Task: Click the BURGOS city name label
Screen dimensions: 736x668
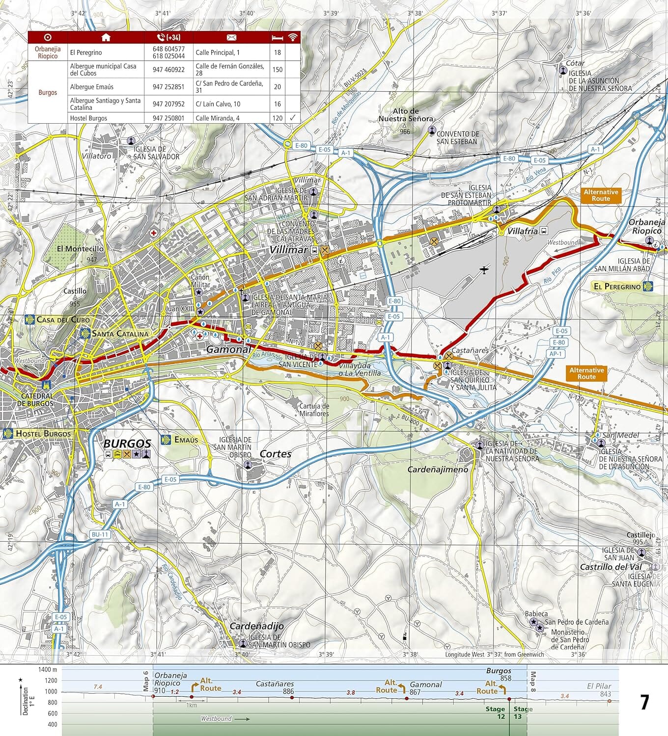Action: tap(127, 443)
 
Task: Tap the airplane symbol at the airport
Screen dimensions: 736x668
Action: tap(485, 269)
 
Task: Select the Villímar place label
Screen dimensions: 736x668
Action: tap(288, 250)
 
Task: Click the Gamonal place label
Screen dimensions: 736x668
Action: tap(228, 349)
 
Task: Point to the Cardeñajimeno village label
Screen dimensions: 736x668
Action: tap(438, 469)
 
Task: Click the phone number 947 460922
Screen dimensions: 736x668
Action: tap(168, 70)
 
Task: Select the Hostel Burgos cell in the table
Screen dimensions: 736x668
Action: tap(88, 118)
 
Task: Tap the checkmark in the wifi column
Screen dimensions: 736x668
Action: tap(293, 118)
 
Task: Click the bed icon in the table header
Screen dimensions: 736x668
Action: tap(278, 38)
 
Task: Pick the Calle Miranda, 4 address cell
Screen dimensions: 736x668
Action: tap(218, 118)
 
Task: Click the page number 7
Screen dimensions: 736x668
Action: tap(644, 703)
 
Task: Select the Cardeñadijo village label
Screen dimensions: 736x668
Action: tap(256, 626)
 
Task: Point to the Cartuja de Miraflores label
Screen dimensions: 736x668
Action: tap(314, 410)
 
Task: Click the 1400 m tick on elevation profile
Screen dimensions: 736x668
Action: tap(48, 669)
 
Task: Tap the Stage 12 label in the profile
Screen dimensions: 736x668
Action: tap(495, 712)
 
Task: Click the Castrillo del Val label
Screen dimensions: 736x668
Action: tap(611, 567)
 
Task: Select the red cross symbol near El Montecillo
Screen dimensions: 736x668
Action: tap(154, 233)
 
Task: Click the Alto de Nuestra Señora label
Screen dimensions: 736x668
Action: tap(406, 115)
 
